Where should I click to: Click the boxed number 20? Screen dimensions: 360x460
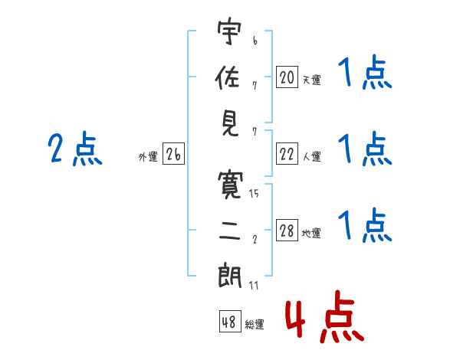click(287, 77)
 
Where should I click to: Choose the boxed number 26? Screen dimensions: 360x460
click(173, 155)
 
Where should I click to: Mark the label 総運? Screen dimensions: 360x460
click(255, 325)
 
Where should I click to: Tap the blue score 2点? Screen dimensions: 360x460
click(74, 148)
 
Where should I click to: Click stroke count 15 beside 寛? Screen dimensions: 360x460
click(254, 194)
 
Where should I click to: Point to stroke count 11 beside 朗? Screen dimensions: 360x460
click(254, 286)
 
